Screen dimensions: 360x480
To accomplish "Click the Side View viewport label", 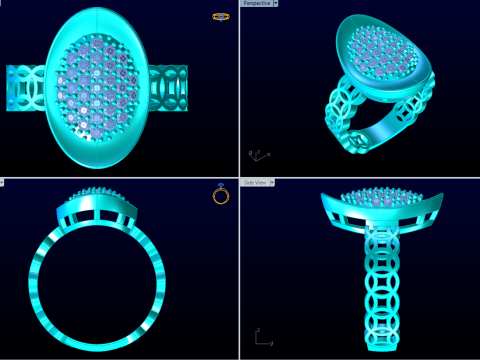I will [x=254, y=183].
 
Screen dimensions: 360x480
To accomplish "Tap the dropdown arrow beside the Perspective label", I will [x=276, y=4].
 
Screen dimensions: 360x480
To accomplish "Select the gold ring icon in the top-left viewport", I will [x=221, y=17].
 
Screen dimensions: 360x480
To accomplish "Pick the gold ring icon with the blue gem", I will [x=222, y=194].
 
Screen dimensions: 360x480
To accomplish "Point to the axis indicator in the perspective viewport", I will [x=257, y=155].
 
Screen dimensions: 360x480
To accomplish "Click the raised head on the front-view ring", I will [x=98, y=206].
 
